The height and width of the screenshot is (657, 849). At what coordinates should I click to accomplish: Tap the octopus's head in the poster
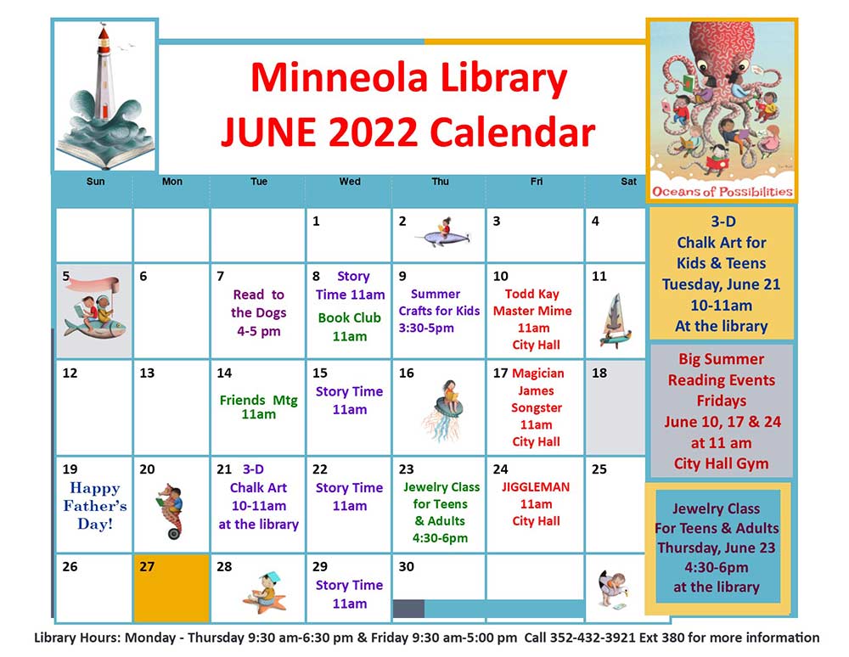[720, 48]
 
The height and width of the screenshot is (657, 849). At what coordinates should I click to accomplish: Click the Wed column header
[350, 182]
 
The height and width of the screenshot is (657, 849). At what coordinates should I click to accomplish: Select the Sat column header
[628, 182]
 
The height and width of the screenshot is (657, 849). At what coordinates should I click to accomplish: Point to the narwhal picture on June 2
[442, 233]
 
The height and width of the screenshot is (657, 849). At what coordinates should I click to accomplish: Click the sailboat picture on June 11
[615, 320]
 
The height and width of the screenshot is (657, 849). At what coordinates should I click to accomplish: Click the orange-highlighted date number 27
[147, 567]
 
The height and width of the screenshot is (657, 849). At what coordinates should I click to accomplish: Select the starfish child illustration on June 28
[264, 592]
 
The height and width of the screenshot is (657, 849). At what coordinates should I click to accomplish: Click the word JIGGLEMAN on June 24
[536, 487]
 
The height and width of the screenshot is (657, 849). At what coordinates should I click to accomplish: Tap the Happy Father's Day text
[95, 506]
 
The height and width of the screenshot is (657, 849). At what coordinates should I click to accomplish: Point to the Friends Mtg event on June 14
[259, 407]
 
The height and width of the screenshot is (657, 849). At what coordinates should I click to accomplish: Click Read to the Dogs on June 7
[259, 313]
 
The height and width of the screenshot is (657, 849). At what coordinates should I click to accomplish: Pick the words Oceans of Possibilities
[722, 192]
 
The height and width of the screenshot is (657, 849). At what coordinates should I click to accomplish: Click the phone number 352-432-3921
[593, 637]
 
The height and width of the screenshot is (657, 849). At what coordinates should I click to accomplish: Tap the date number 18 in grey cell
[599, 373]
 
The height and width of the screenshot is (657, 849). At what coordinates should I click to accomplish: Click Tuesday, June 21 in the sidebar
[721, 284]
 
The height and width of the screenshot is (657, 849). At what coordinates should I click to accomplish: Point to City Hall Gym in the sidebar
[721, 463]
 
